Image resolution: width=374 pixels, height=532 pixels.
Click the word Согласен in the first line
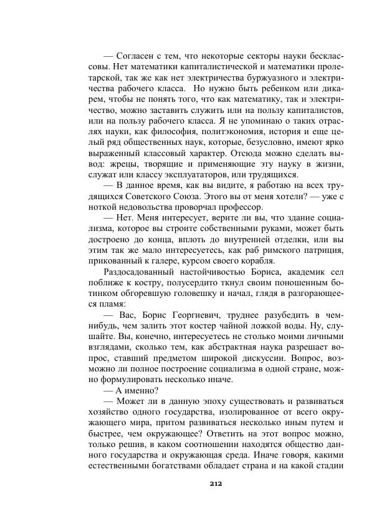(x=141, y=56)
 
